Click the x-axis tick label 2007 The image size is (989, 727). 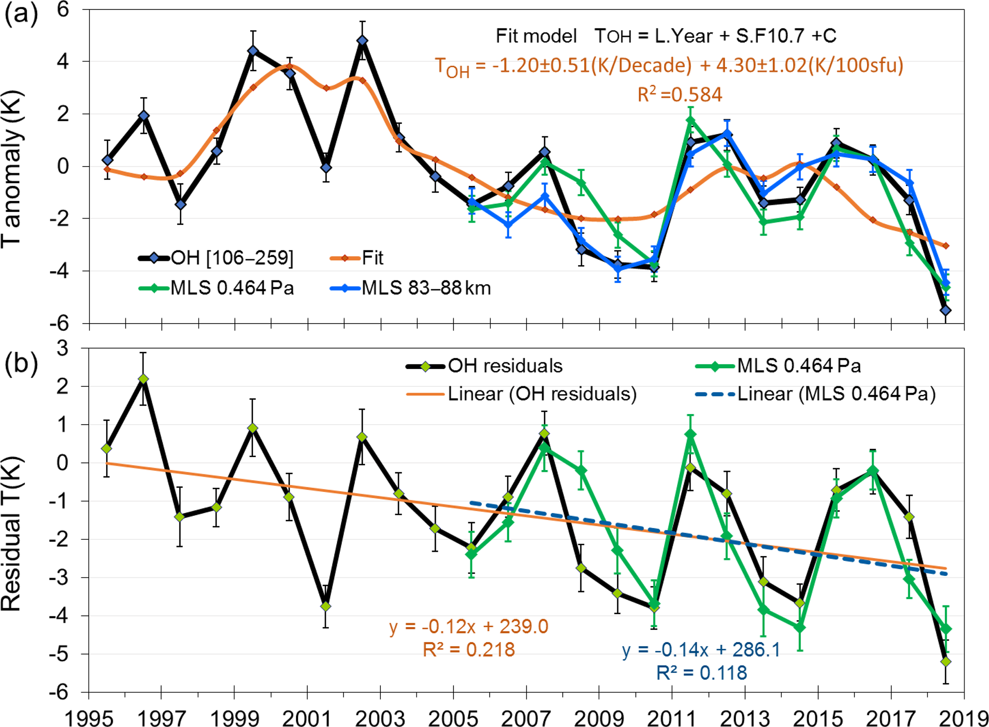pyautogui.click(x=526, y=718)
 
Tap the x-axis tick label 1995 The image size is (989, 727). pyautogui.click(x=89, y=718)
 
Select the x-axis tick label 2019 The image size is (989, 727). pyautogui.click(x=963, y=718)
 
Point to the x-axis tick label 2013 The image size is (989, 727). pyautogui.click(x=745, y=718)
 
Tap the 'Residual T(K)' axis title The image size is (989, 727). pyautogui.click(x=11, y=534)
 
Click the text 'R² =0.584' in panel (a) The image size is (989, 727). pyautogui.click(x=679, y=95)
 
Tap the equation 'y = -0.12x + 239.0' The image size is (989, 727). pyautogui.click(x=469, y=626)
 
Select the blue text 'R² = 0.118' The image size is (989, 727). pyautogui.click(x=701, y=672)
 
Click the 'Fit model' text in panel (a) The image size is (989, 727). pyautogui.click(x=536, y=36)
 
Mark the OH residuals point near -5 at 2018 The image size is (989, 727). pyautogui.click(x=945, y=662)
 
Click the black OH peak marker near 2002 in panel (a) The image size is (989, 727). pyautogui.click(x=362, y=41)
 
